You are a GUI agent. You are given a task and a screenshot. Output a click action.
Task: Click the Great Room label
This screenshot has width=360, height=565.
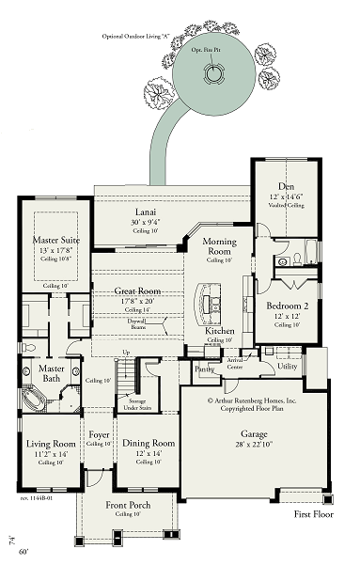[x=137, y=291]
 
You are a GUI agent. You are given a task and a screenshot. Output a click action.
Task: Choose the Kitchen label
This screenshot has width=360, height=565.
[x=219, y=333]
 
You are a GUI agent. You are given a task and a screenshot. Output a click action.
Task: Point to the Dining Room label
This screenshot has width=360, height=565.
[x=150, y=443]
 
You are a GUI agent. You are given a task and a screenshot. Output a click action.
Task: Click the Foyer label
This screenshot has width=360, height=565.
[x=100, y=435]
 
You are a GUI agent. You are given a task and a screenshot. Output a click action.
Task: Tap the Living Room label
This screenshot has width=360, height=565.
[x=52, y=443]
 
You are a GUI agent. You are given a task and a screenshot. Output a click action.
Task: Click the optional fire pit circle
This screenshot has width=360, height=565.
[x=217, y=73]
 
